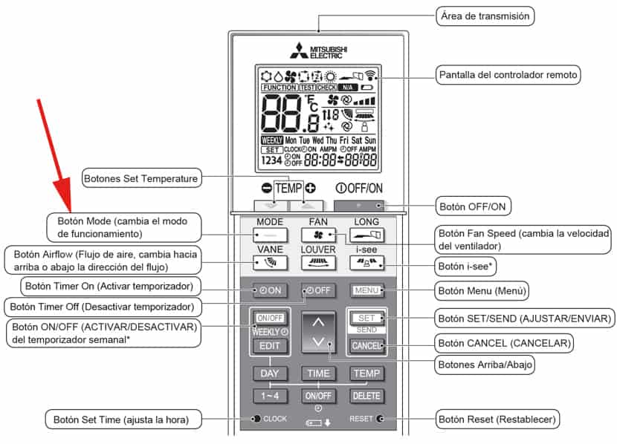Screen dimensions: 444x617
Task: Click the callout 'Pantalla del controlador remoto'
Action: pyautogui.click(x=508, y=75)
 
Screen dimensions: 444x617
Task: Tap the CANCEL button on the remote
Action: pyautogui.click(x=367, y=345)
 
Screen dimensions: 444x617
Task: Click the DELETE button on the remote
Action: pyautogui.click(x=366, y=396)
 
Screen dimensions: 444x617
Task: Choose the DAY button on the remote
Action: pyautogui.click(x=269, y=373)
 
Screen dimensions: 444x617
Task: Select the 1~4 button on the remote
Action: pyautogui.click(x=269, y=396)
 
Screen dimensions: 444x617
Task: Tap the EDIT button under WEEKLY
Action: pyautogui.click(x=269, y=345)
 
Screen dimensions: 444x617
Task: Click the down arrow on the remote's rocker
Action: pyautogui.click(x=317, y=342)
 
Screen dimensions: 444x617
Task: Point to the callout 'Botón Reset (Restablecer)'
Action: pyautogui.click(x=497, y=419)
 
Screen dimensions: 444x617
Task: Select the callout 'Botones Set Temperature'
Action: pyautogui.click(x=141, y=178)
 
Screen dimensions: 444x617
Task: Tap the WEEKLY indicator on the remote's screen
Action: pyautogui.click(x=272, y=140)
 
